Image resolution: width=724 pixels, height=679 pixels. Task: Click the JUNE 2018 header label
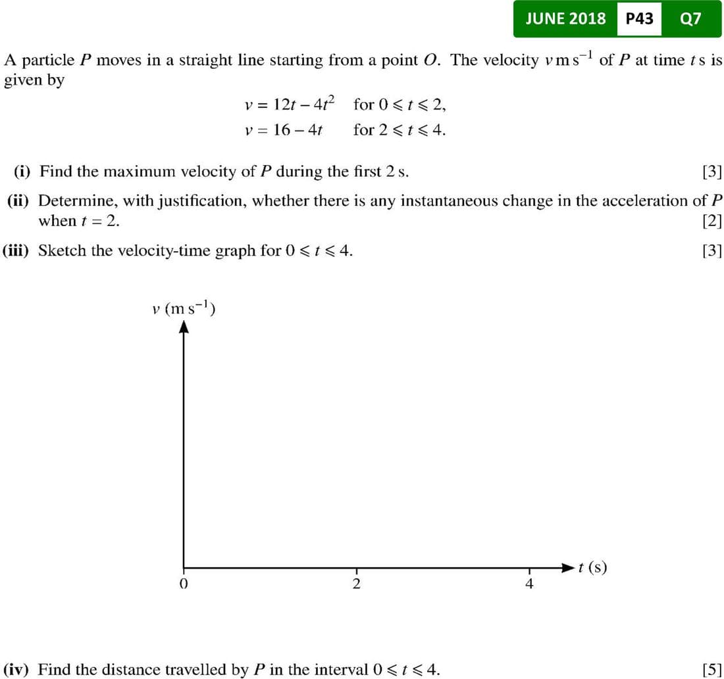point(565,18)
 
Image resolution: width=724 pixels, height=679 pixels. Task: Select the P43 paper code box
point(639,18)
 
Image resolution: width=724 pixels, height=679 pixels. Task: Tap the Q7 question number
point(690,18)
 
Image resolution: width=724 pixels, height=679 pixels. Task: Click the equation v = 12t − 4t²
point(289,104)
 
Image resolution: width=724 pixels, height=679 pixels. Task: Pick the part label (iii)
point(18,250)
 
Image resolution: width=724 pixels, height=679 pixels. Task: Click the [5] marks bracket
point(712,670)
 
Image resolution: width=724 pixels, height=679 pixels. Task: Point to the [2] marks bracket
point(712,221)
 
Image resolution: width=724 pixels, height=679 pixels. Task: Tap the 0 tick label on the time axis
point(184,584)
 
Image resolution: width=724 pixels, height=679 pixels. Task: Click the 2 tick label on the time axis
point(357,584)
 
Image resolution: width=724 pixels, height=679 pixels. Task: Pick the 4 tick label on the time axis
point(529,584)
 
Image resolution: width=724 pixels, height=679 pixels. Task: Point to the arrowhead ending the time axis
point(569,567)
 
